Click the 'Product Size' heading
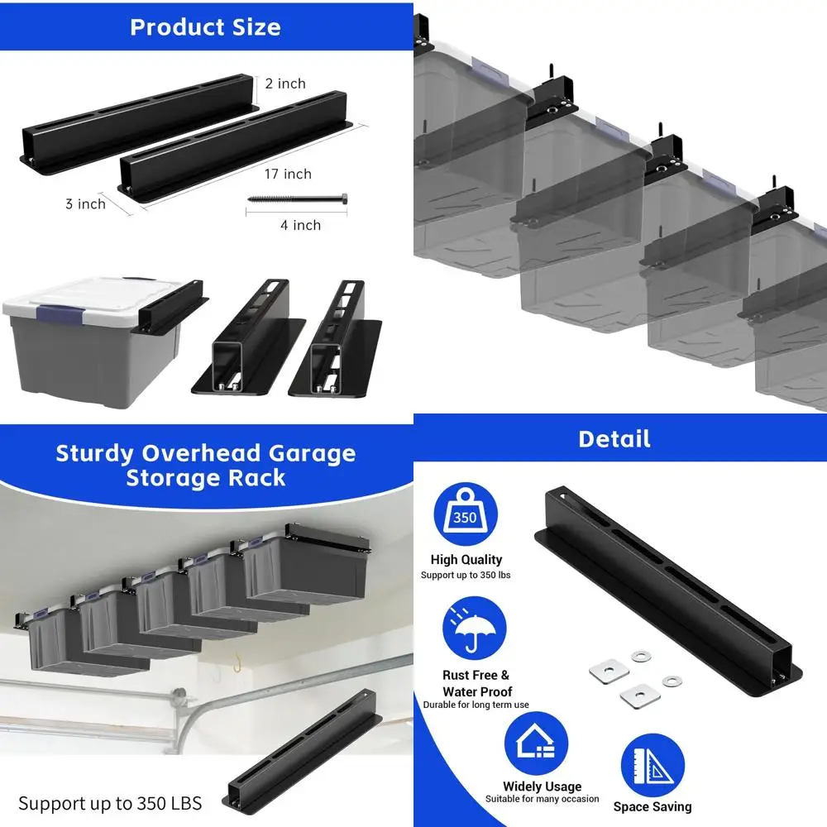[x=205, y=27]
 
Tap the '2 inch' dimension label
[x=285, y=84]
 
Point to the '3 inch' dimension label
[x=85, y=203]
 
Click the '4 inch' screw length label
[x=300, y=225]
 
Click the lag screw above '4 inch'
[x=297, y=200]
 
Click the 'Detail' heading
[x=614, y=438]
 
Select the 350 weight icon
[x=466, y=514]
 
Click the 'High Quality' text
[x=466, y=560]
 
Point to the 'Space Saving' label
[x=653, y=806]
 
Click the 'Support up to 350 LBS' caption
[x=110, y=802]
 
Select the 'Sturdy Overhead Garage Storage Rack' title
[x=205, y=466]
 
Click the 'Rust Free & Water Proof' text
[x=477, y=683]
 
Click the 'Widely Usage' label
[x=542, y=786]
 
